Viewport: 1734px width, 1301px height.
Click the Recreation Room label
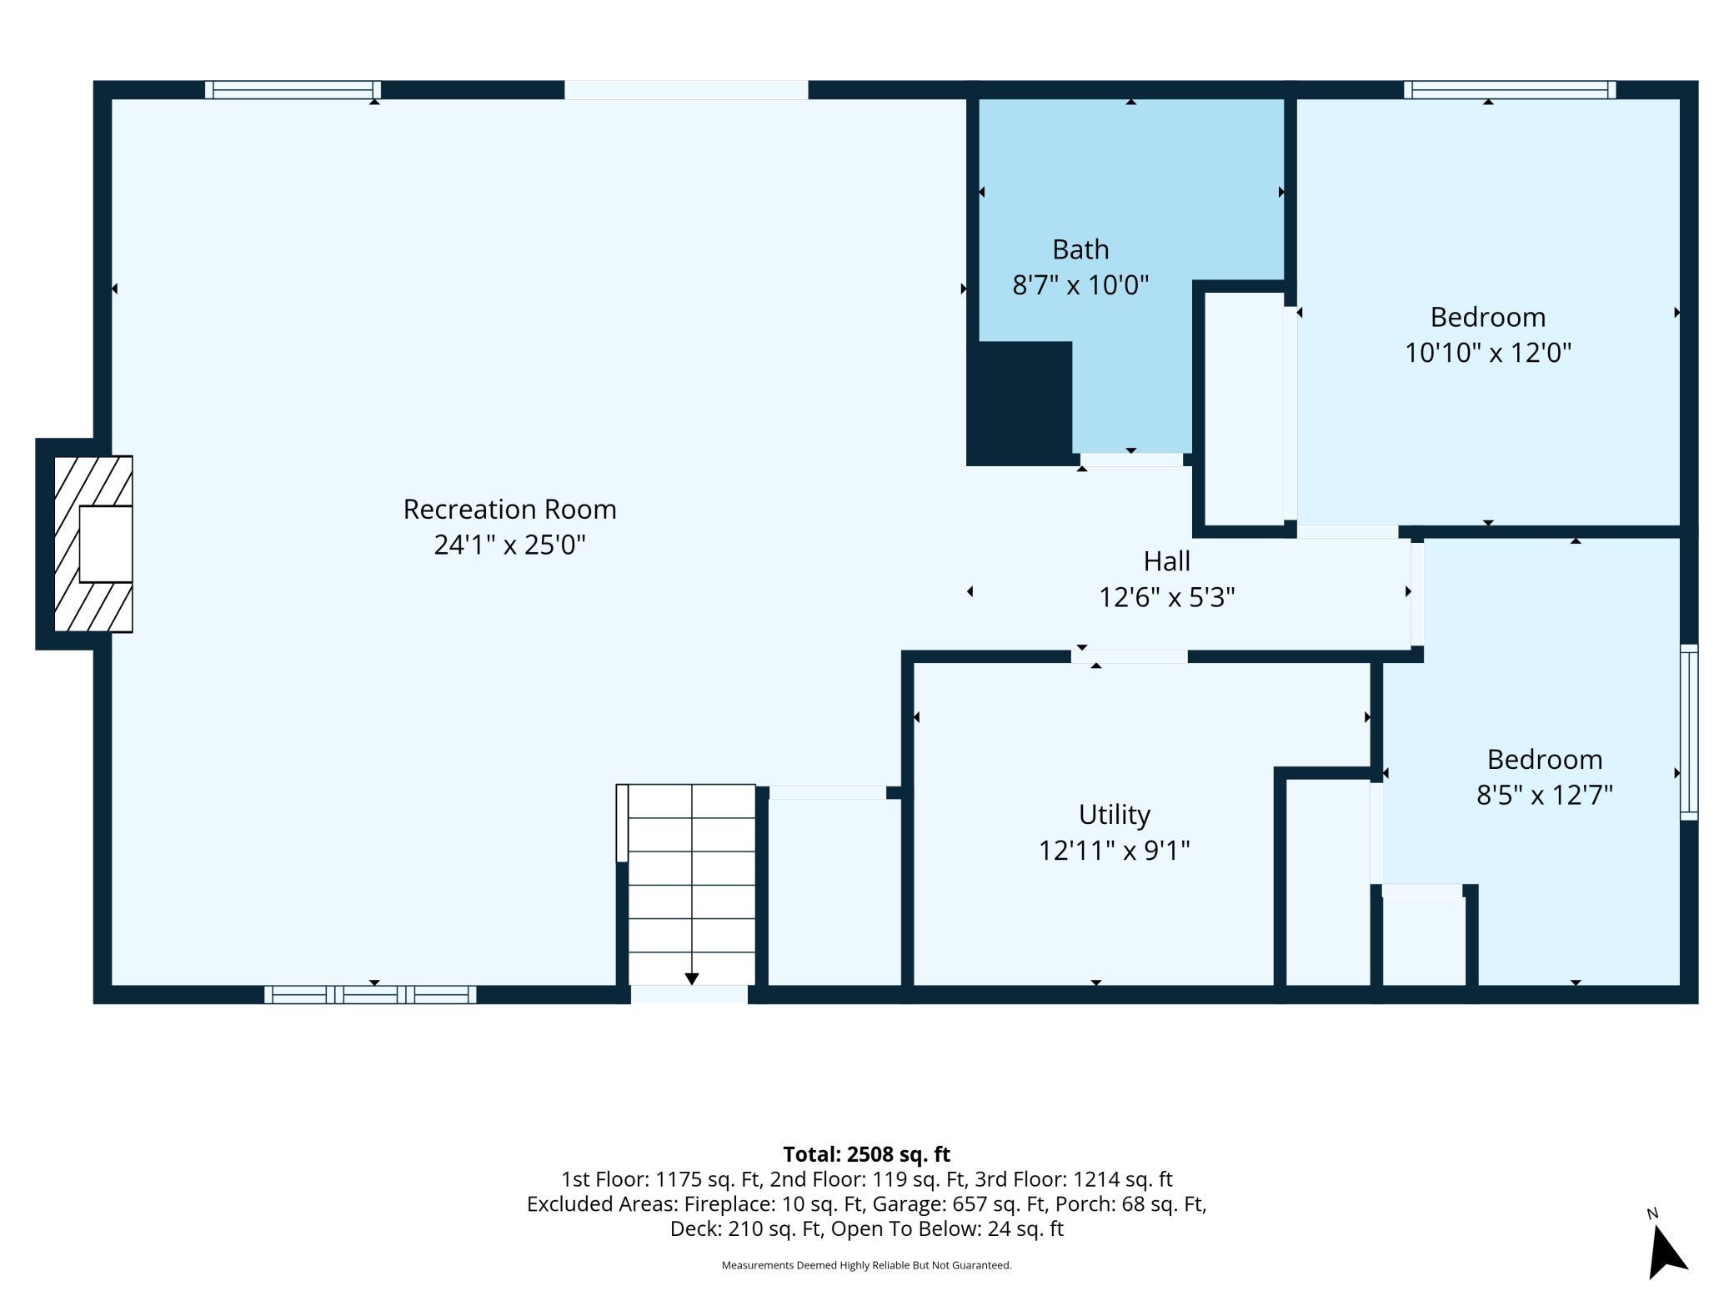click(x=509, y=509)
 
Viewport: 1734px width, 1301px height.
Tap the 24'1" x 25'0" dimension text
click(x=509, y=545)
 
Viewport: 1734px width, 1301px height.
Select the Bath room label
click(x=1080, y=249)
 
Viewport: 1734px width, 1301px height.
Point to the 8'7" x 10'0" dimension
click(x=1080, y=285)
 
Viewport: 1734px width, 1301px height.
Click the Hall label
click(x=1166, y=561)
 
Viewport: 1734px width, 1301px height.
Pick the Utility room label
click(x=1114, y=814)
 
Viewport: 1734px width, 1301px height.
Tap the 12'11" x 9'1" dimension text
click(x=1114, y=850)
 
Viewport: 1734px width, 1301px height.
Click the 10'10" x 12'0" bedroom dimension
click(x=1488, y=353)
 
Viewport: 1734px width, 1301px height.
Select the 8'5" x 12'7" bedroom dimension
click(x=1545, y=795)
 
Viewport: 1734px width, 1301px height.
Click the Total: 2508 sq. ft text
click(x=866, y=1154)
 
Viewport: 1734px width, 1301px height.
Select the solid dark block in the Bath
click(x=1020, y=403)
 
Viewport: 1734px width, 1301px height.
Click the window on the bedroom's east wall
click(x=1689, y=732)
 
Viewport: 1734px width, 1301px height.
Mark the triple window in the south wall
click(x=370, y=994)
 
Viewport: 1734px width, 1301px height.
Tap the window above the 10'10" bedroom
click(x=1510, y=90)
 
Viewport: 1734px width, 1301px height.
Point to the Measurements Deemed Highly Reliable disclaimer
click(x=866, y=1265)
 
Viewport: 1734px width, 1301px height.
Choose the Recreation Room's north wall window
click(x=293, y=90)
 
